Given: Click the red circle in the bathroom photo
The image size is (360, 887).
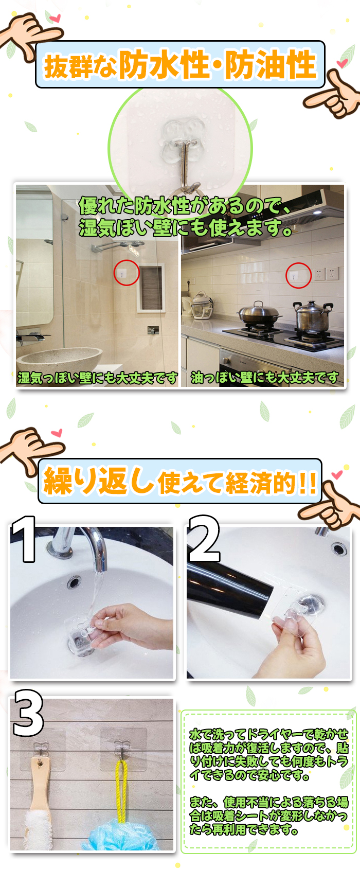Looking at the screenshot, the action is tap(127, 273).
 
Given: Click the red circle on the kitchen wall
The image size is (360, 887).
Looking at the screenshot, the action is tap(299, 275).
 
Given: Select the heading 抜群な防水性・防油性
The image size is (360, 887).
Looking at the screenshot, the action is tap(179, 65).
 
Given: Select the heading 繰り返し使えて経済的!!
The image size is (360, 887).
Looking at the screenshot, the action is tap(179, 482).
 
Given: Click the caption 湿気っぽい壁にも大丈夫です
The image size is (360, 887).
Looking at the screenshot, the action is tap(98, 378).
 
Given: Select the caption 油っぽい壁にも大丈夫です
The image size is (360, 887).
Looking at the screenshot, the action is tap(265, 378).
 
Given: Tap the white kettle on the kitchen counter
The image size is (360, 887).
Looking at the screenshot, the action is tap(202, 306).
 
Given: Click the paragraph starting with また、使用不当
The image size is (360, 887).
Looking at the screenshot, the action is tap(268, 816).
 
